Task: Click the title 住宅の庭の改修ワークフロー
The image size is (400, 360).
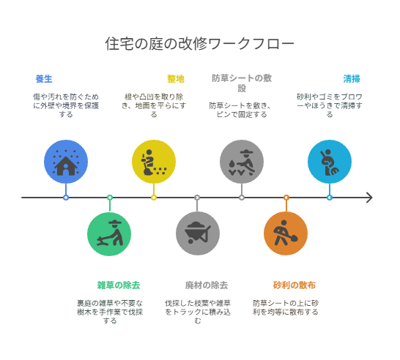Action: pos(199,44)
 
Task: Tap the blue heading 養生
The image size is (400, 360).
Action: pos(44,79)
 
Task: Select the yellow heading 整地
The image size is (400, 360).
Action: pos(176,79)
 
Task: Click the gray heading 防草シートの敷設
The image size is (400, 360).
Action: pos(242,83)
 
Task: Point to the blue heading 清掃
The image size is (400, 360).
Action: pos(351,79)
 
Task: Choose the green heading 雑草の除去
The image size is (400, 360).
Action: pos(119,285)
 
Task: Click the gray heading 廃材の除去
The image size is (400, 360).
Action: pos(207,285)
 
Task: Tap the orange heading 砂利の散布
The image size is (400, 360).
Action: pos(295,285)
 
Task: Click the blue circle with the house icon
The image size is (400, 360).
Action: pos(66,162)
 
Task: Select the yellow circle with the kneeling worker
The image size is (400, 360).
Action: pos(154,162)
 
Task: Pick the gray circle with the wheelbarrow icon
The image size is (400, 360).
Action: pos(198,233)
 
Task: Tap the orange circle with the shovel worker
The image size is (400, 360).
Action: pos(286,233)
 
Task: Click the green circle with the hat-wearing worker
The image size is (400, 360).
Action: pos(109,234)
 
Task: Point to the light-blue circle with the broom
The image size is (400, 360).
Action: pos(330,162)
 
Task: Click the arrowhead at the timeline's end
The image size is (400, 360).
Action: pos(370,198)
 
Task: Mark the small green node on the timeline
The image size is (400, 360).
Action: pos(110,198)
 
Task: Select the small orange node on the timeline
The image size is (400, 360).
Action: pos(286,198)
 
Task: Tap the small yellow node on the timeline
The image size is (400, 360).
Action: pos(154,198)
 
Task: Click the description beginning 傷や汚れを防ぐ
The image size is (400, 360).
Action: pos(66,105)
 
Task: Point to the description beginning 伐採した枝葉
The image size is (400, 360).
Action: pos(198,312)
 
